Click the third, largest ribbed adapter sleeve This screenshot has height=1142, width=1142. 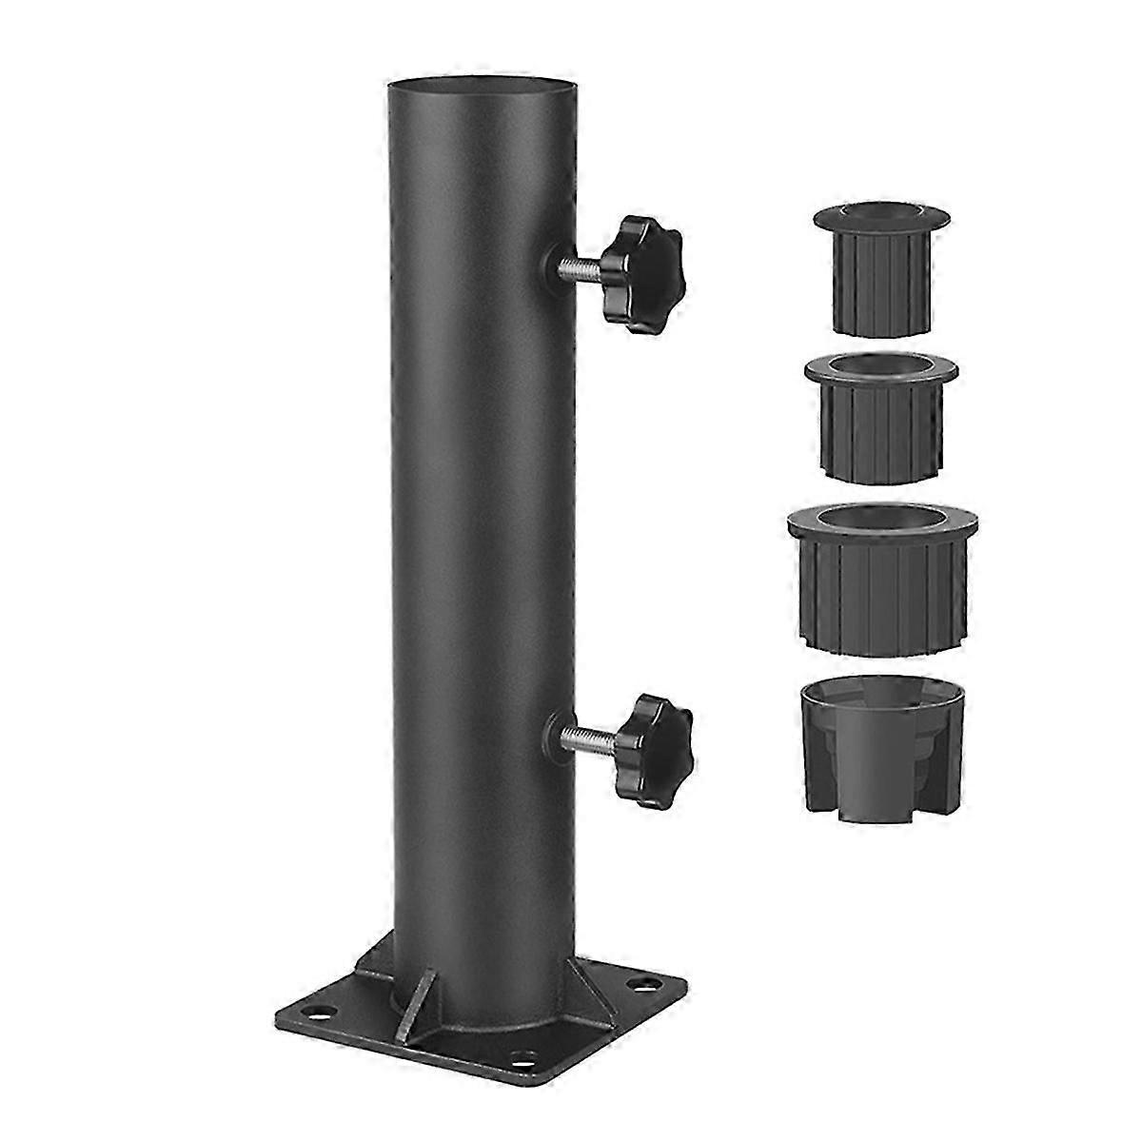(883, 576)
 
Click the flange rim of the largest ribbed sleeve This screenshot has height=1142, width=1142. (883, 533)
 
